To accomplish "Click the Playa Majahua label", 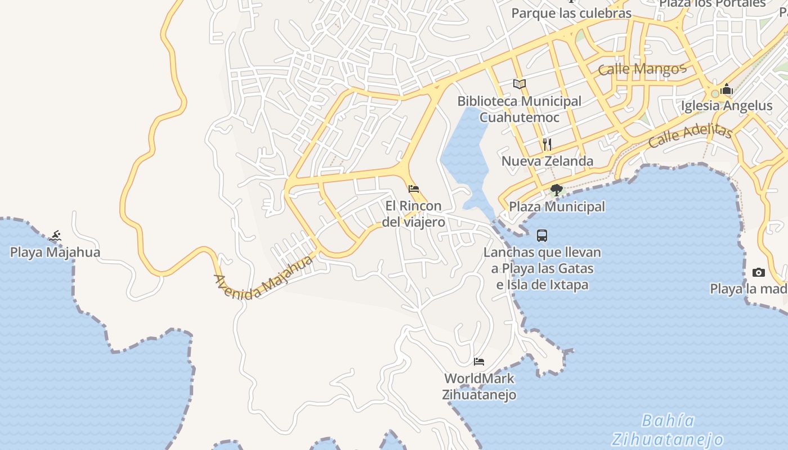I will pyautogui.click(x=55, y=252).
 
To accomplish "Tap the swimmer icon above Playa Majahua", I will pyautogui.click(x=55, y=236).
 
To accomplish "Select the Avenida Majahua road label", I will pyautogui.click(x=263, y=278).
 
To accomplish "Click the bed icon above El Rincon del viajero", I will pyautogui.click(x=414, y=189).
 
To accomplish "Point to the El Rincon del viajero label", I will pyautogui.click(x=414, y=214).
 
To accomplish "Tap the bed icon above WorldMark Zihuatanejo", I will pyautogui.click(x=479, y=361).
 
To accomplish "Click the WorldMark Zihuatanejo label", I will pyautogui.click(x=479, y=386).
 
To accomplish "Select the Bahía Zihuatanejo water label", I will pyautogui.click(x=668, y=430).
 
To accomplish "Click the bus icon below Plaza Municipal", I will pyautogui.click(x=542, y=236).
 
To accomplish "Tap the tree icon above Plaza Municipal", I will pyautogui.click(x=557, y=190).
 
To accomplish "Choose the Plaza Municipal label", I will pyautogui.click(x=557, y=206).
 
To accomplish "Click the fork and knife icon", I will pyautogui.click(x=547, y=145).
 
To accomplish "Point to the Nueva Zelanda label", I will pyautogui.click(x=547, y=161).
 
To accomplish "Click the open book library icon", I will pyautogui.click(x=520, y=84).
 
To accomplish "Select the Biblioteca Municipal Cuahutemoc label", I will pyautogui.click(x=519, y=109).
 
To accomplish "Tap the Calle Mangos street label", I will pyautogui.click(x=642, y=69).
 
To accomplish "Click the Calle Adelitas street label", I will pyautogui.click(x=689, y=136).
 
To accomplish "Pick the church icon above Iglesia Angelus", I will pyautogui.click(x=727, y=89).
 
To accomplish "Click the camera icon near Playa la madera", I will pyautogui.click(x=759, y=273).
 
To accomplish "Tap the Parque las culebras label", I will pyautogui.click(x=571, y=13).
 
